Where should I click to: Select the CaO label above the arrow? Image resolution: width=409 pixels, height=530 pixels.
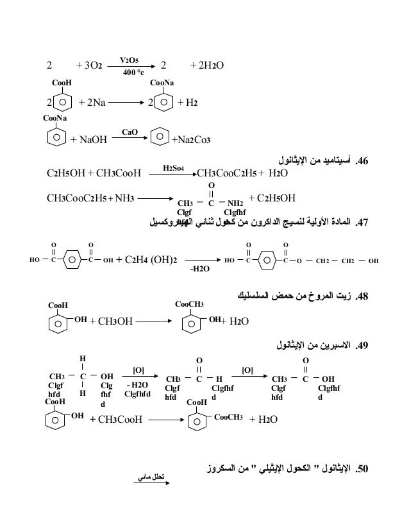click(129, 132)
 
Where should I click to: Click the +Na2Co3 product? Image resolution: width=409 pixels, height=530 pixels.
click(192, 139)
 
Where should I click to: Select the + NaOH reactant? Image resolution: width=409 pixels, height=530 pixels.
click(88, 139)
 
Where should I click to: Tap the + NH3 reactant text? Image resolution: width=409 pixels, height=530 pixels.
click(119, 197)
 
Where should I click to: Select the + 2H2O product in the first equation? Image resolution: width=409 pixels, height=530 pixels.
click(209, 65)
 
